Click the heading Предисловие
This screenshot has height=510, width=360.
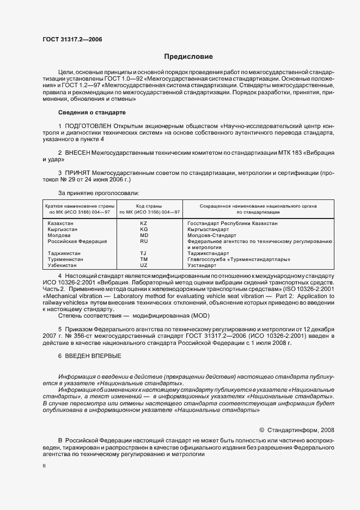(188, 57)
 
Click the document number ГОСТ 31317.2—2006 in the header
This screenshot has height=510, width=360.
(71, 39)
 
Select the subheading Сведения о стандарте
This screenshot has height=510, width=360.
(91, 112)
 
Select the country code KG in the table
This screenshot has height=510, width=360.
(144, 229)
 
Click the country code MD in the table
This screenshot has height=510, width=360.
(144, 235)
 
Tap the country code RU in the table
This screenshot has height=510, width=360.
(144, 241)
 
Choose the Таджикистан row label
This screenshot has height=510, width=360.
(64, 253)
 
